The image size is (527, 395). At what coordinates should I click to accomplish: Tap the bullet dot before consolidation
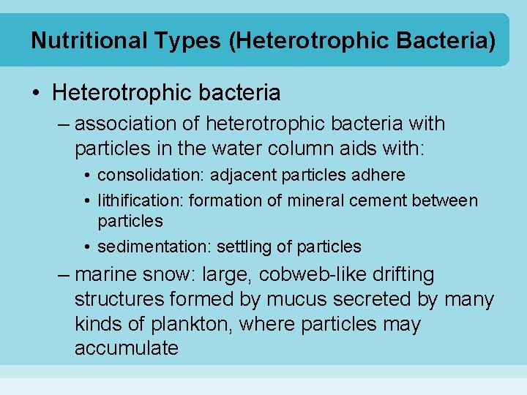pos(87,176)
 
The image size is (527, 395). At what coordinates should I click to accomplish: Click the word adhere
pos(383,176)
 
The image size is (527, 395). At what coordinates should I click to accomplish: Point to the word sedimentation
pos(146,247)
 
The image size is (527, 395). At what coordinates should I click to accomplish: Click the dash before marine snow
pos(64,275)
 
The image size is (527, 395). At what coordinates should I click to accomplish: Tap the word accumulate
pos(127,348)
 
